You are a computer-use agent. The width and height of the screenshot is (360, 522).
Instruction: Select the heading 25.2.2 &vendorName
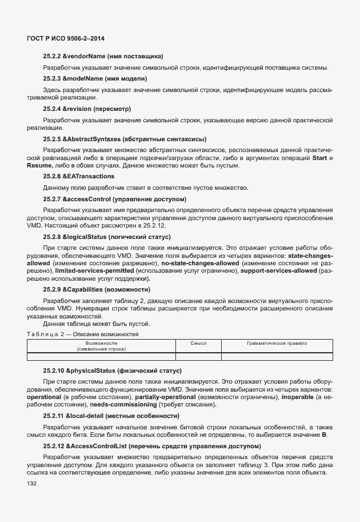pyautogui.click(x=103, y=56)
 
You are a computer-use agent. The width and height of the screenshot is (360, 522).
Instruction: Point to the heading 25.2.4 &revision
pyautogui.click(x=87, y=108)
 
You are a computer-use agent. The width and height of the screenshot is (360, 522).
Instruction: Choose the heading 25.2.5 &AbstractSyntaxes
pyautogui.click(x=125, y=139)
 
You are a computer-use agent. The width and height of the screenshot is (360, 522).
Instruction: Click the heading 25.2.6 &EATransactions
pyautogui.click(x=78, y=177)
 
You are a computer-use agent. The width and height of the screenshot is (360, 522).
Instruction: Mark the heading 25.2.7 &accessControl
pyautogui.click(x=114, y=198)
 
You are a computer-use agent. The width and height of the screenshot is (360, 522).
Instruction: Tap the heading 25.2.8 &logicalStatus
pyautogui.click(x=106, y=236)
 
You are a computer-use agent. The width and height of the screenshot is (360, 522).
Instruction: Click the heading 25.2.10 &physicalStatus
pyautogui.click(x=111, y=371)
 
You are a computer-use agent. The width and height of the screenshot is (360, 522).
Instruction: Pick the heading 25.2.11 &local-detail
pyautogui.click(x=111, y=416)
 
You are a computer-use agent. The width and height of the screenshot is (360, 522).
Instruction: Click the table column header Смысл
pyautogui.click(x=198, y=343)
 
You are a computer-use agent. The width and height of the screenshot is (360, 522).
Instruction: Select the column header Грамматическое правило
pyautogui.click(x=277, y=343)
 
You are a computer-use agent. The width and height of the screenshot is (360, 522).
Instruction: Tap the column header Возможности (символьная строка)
pyautogui.click(x=101, y=345)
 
